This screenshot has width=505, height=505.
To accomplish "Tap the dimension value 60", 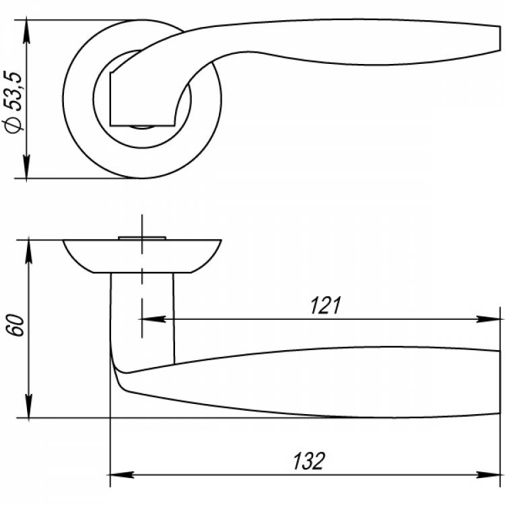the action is pos(15,326).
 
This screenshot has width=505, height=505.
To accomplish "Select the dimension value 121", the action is pos(325,306).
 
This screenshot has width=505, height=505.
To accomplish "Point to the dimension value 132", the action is pos(309,461).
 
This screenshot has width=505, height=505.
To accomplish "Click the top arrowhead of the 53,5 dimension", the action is pos(26,32).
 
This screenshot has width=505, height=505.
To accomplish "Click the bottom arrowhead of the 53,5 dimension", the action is pos(26,166).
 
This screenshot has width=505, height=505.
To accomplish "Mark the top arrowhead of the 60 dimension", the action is pos(29,252).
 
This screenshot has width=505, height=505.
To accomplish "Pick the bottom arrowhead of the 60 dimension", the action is pos(29,406).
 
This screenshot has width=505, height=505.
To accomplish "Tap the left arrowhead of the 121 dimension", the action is pos(154,319).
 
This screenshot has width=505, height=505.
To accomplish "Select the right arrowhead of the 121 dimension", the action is pos(488,319).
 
